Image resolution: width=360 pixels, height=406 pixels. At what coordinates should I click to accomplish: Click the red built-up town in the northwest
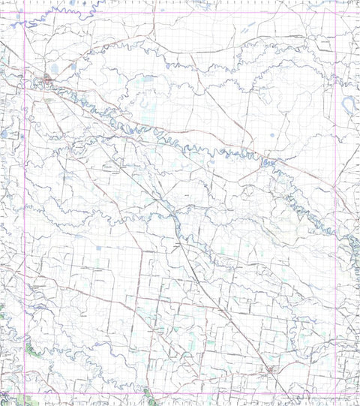(48, 78)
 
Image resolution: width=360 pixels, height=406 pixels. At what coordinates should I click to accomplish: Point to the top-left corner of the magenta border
(25, 12)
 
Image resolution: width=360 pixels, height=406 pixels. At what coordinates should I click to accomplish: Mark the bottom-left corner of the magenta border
(25, 395)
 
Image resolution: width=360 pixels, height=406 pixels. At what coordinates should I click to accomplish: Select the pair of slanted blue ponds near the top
(245, 32)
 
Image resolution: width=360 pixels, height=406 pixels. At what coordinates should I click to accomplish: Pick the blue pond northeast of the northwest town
(72, 70)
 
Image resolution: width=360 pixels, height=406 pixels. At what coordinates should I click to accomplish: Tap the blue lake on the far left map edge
(4, 134)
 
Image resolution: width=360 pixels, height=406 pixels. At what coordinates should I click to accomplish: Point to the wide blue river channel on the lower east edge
(352, 244)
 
